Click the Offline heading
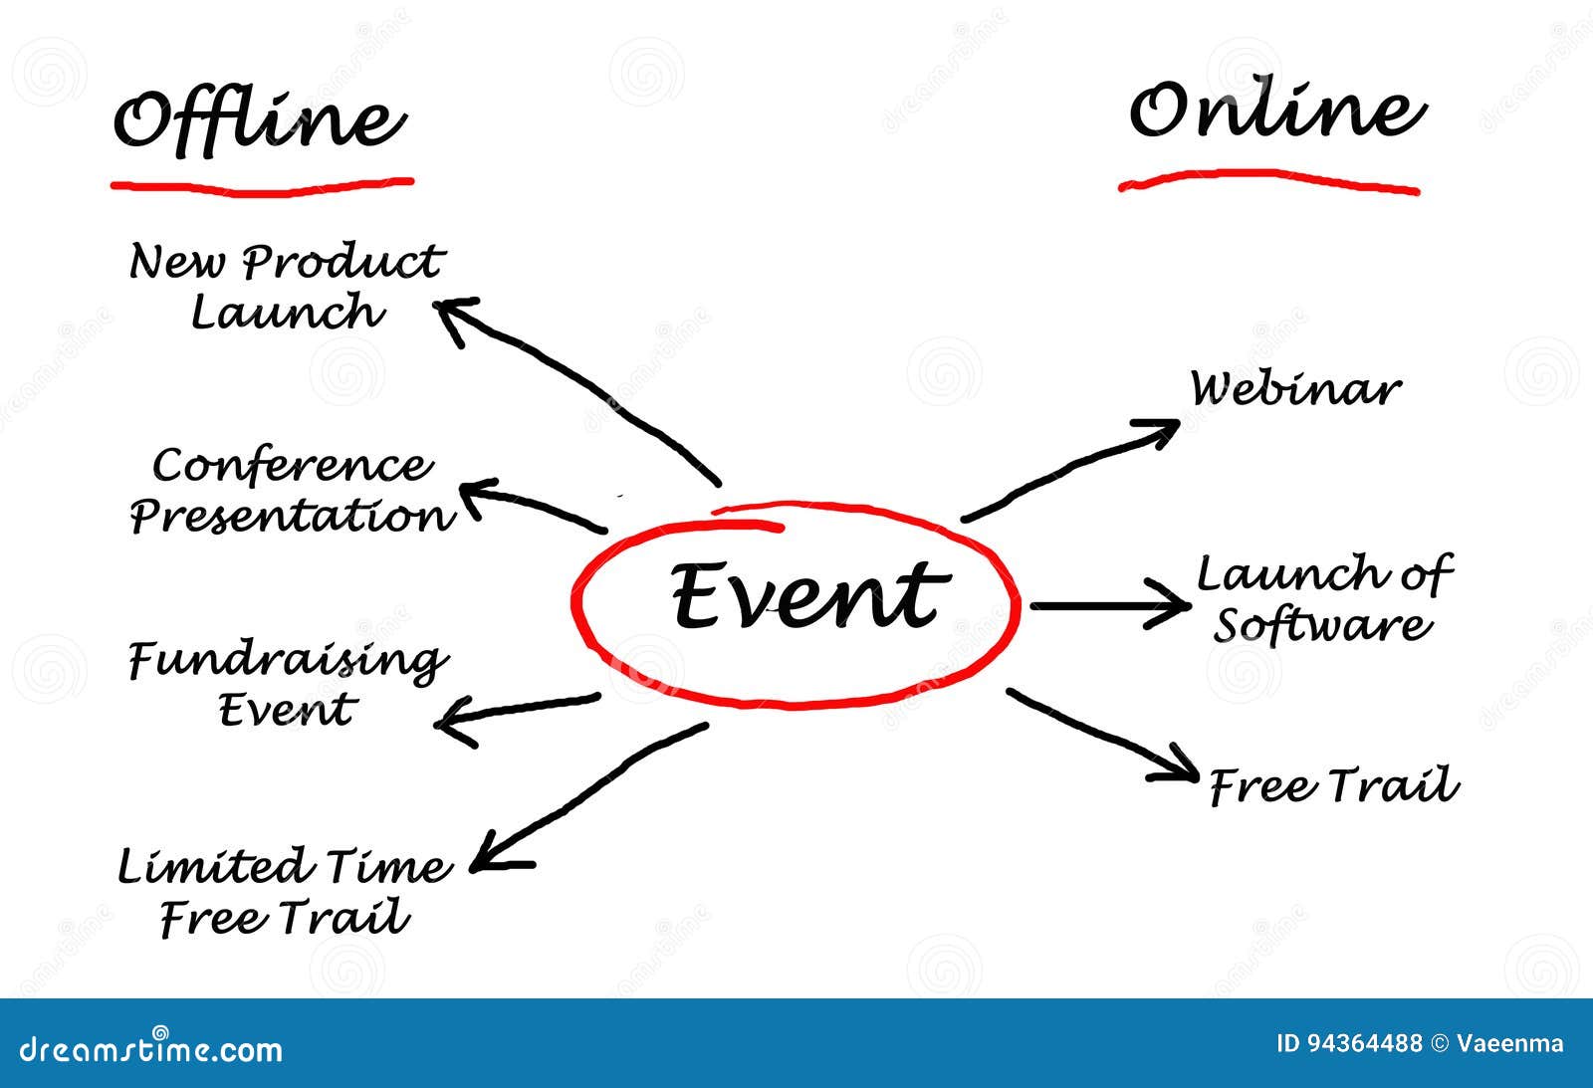pyautogui.click(x=259, y=122)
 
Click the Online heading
pyautogui.click(x=1276, y=111)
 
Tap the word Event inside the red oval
pyautogui.click(x=804, y=595)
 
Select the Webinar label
pyautogui.click(x=1295, y=389)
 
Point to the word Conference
pyautogui.click(x=293, y=466)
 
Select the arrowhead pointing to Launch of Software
pyautogui.click(x=1175, y=604)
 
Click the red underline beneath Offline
pyautogui.click(x=261, y=185)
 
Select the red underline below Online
pyautogui.click(x=1268, y=180)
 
